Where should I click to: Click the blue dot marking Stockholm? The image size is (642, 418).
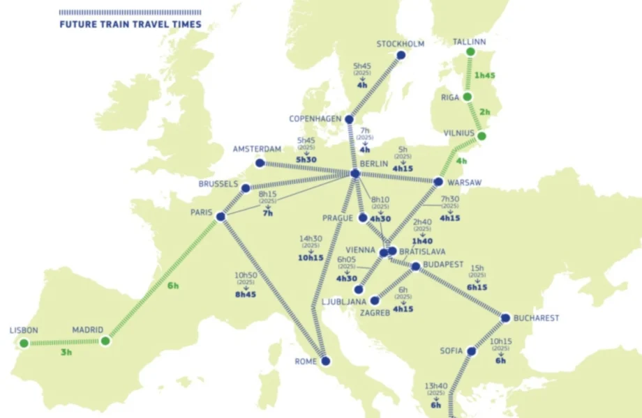click(x=401, y=55)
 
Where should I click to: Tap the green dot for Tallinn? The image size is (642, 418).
click(x=470, y=52)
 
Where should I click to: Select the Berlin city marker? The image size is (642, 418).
click(x=354, y=173)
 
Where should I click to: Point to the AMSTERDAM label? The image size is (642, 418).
click(x=257, y=149)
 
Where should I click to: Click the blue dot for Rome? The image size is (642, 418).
click(x=325, y=361)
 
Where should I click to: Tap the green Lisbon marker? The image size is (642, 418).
click(x=24, y=343)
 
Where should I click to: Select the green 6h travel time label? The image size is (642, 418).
click(x=173, y=285)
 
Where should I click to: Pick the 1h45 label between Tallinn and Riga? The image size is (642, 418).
click(x=486, y=75)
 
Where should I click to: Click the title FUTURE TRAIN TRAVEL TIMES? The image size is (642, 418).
click(x=130, y=24)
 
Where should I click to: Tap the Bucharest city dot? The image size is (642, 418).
click(x=505, y=318)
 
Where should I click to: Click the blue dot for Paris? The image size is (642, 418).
click(x=221, y=217)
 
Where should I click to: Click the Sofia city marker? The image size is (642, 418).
click(x=471, y=352)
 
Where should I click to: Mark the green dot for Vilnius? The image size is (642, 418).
click(x=481, y=137)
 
